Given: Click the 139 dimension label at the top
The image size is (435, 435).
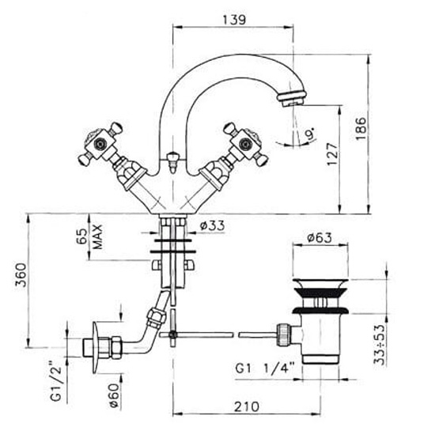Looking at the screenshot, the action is (x=234, y=20).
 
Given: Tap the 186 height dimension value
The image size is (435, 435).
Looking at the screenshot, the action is (x=361, y=129).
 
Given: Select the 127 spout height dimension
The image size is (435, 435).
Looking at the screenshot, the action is (x=333, y=154).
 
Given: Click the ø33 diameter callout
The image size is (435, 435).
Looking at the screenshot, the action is (x=213, y=226).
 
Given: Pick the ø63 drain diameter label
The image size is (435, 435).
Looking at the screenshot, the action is (x=320, y=238).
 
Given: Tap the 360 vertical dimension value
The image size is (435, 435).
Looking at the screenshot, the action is (x=21, y=274).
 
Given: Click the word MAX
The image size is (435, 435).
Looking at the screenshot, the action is (x=97, y=236).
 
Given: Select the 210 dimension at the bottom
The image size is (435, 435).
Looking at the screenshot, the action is (x=247, y=407).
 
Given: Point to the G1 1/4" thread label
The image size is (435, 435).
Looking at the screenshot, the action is (x=264, y=369).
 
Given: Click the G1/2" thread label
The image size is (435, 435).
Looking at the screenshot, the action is (x=56, y=380).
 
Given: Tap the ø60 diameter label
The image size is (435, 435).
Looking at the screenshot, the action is (x=114, y=395).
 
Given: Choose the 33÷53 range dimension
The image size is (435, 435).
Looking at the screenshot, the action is (x=380, y=345).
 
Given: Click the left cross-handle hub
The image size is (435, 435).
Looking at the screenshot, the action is (x=99, y=143).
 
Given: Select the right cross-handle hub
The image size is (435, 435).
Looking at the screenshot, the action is (x=245, y=143).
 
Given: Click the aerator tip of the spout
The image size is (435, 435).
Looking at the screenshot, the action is (x=292, y=99).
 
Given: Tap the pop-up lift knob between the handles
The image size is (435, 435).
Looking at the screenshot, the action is (x=172, y=161).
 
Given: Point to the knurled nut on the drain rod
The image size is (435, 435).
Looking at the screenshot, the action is (x=283, y=335).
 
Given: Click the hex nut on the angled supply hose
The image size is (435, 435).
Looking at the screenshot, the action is (x=156, y=318).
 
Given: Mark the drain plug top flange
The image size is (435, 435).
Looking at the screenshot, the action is (x=320, y=284).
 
